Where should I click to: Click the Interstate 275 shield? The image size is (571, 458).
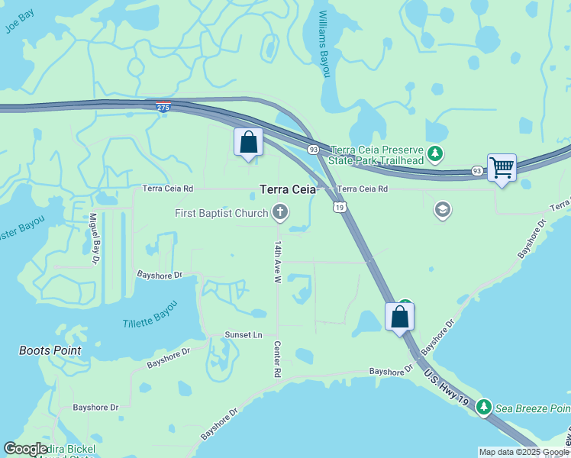click(162, 107)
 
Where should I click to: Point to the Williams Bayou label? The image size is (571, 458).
click(324, 44)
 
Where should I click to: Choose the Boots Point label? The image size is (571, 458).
click(50, 350)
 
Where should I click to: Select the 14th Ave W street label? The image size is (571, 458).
click(279, 262)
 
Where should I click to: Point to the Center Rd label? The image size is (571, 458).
click(278, 360)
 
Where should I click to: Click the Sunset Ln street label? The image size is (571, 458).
click(243, 335)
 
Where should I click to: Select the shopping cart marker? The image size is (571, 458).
click(502, 166)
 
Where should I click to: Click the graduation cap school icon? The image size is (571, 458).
click(442, 210)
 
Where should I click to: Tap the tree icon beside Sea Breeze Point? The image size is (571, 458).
click(483, 408)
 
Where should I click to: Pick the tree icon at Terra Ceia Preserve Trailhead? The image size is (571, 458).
click(435, 155)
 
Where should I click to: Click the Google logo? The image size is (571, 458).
click(26, 449)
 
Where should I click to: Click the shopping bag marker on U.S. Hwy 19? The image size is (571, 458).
click(400, 315)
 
